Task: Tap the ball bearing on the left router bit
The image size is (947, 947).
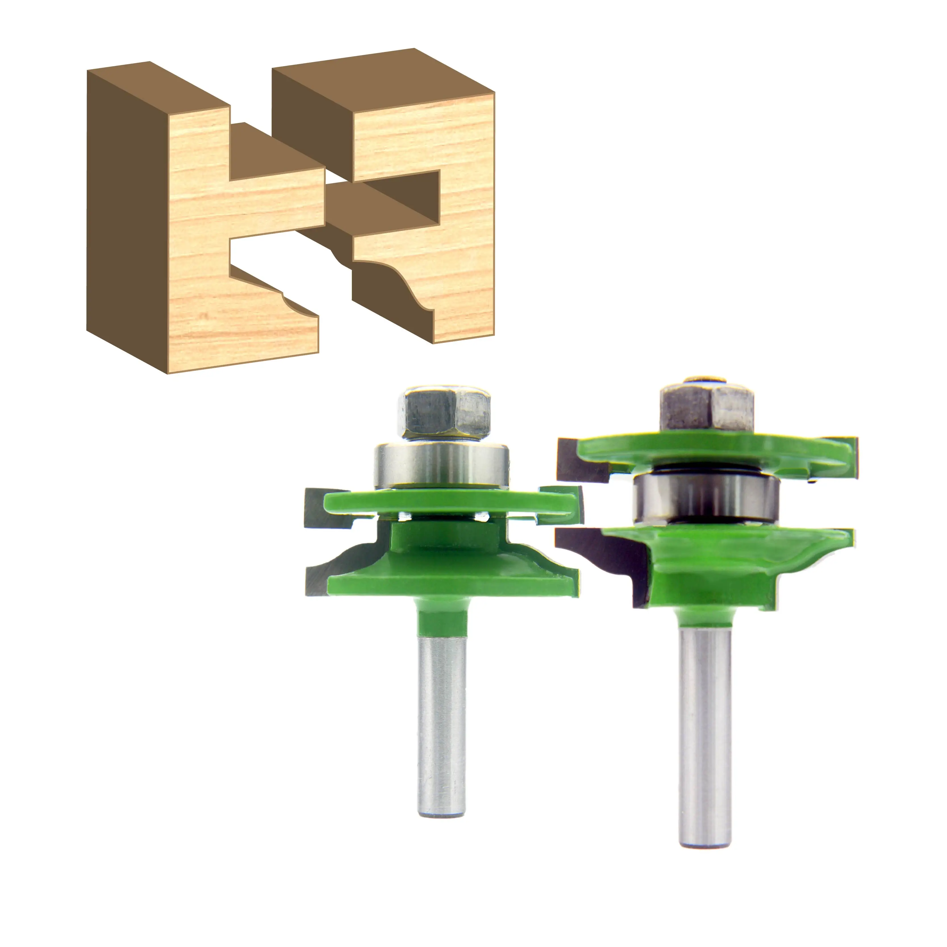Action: point(441,466)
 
